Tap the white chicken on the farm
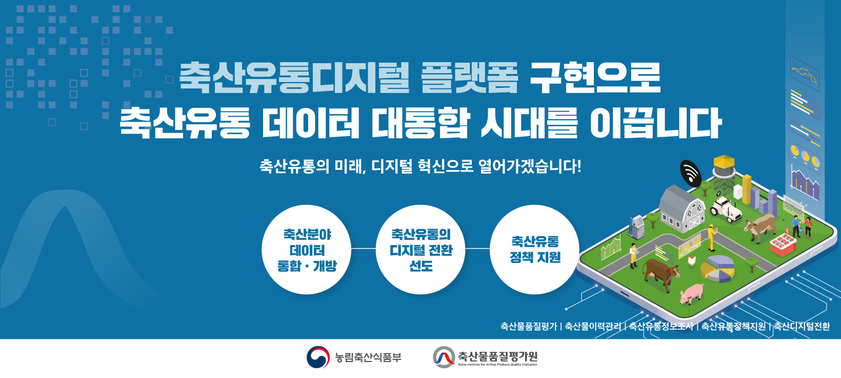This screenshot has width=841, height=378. click(x=692, y=261)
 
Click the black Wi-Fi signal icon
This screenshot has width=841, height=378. click(x=690, y=174)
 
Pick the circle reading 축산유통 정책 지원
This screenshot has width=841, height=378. click(x=535, y=250)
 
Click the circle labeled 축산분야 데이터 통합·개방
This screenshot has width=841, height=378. click(x=306, y=250)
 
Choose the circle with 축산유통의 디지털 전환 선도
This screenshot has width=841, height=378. click(x=420, y=250)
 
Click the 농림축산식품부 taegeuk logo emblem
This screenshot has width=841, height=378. click(x=318, y=357)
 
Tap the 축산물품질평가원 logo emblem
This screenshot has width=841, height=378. click(x=444, y=357)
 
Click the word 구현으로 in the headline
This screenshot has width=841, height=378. click(x=595, y=78)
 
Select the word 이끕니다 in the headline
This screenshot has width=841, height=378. click(x=655, y=123)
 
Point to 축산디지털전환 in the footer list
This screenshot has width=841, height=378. click(x=802, y=327)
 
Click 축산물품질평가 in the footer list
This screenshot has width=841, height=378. click(x=529, y=327)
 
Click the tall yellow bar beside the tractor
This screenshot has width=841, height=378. click(x=747, y=190)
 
